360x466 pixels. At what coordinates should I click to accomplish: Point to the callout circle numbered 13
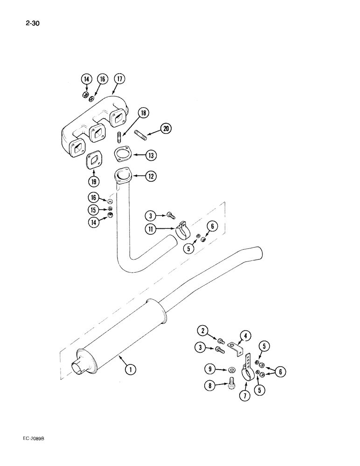(150, 155)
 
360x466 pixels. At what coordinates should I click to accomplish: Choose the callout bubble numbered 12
(150, 177)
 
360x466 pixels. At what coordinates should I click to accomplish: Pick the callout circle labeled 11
(151, 229)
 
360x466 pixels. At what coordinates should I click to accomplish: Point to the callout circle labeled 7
(244, 395)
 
